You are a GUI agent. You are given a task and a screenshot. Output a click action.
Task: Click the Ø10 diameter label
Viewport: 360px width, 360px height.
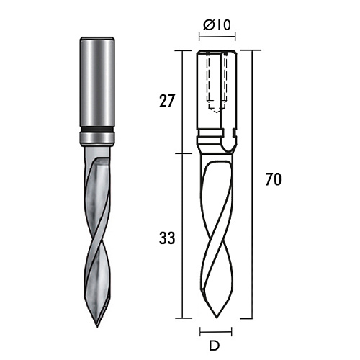[217, 25]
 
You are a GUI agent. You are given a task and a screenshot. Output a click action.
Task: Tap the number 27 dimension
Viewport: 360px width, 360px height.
[167, 101]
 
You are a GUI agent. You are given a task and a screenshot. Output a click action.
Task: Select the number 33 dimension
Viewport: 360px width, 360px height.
[167, 238]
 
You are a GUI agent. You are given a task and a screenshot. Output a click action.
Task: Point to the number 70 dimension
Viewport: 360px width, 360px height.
[274, 179]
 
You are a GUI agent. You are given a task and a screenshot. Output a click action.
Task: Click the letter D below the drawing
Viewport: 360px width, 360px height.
[215, 346]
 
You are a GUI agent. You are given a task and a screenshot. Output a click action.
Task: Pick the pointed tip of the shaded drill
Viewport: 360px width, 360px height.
[97, 327]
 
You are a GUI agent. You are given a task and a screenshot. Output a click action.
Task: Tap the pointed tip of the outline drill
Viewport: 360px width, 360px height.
[217, 318]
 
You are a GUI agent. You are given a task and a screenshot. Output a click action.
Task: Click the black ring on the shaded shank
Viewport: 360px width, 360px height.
[97, 130]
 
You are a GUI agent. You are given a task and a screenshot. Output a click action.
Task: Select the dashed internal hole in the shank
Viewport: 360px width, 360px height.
[217, 81]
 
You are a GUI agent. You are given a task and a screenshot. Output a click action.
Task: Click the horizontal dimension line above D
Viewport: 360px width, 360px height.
[216, 332]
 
